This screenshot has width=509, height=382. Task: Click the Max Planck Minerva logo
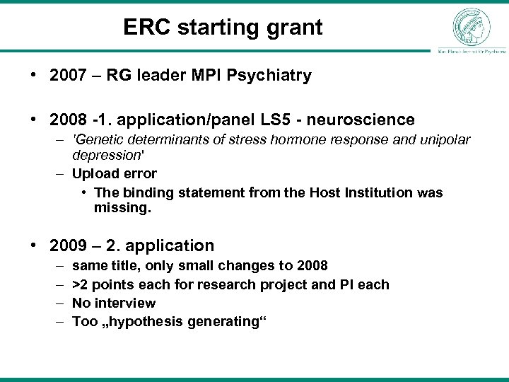pos(471,26)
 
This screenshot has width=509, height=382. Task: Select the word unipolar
pos(445,140)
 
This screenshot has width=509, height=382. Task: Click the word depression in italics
pos(104,154)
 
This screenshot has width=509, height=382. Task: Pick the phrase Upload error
pos(115,173)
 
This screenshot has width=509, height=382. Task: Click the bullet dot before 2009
pos(36,246)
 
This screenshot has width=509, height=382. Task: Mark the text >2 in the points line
pos(81,284)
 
